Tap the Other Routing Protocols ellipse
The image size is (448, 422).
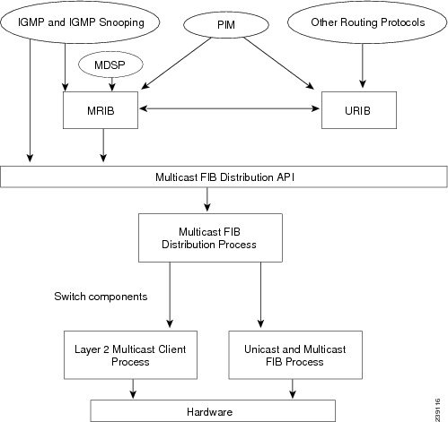[x=360, y=21]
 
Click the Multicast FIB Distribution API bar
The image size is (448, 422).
[x=224, y=177]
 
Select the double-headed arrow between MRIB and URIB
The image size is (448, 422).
[x=230, y=109]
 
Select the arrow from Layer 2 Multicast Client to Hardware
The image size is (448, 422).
[x=134, y=386]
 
